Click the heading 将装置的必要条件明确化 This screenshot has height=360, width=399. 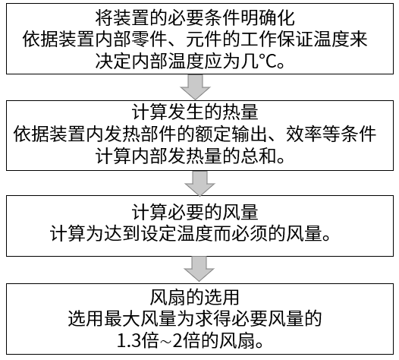(195, 17)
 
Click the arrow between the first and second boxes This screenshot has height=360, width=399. (196, 87)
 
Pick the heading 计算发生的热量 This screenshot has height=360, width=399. (195, 112)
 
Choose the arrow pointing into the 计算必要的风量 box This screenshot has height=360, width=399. (199, 183)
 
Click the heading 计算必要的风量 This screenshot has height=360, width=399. (195, 212)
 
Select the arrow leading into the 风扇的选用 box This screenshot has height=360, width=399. (199, 269)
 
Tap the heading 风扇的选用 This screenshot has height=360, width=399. (195, 297)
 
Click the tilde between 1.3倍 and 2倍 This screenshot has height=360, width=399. (165, 341)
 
